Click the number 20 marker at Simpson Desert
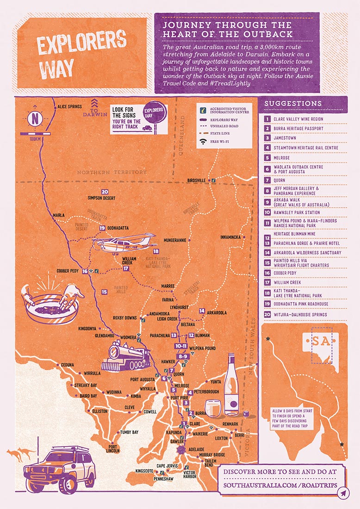[105, 192]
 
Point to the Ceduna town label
[67, 365]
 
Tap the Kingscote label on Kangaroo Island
[144, 471]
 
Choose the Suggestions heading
[292, 103]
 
